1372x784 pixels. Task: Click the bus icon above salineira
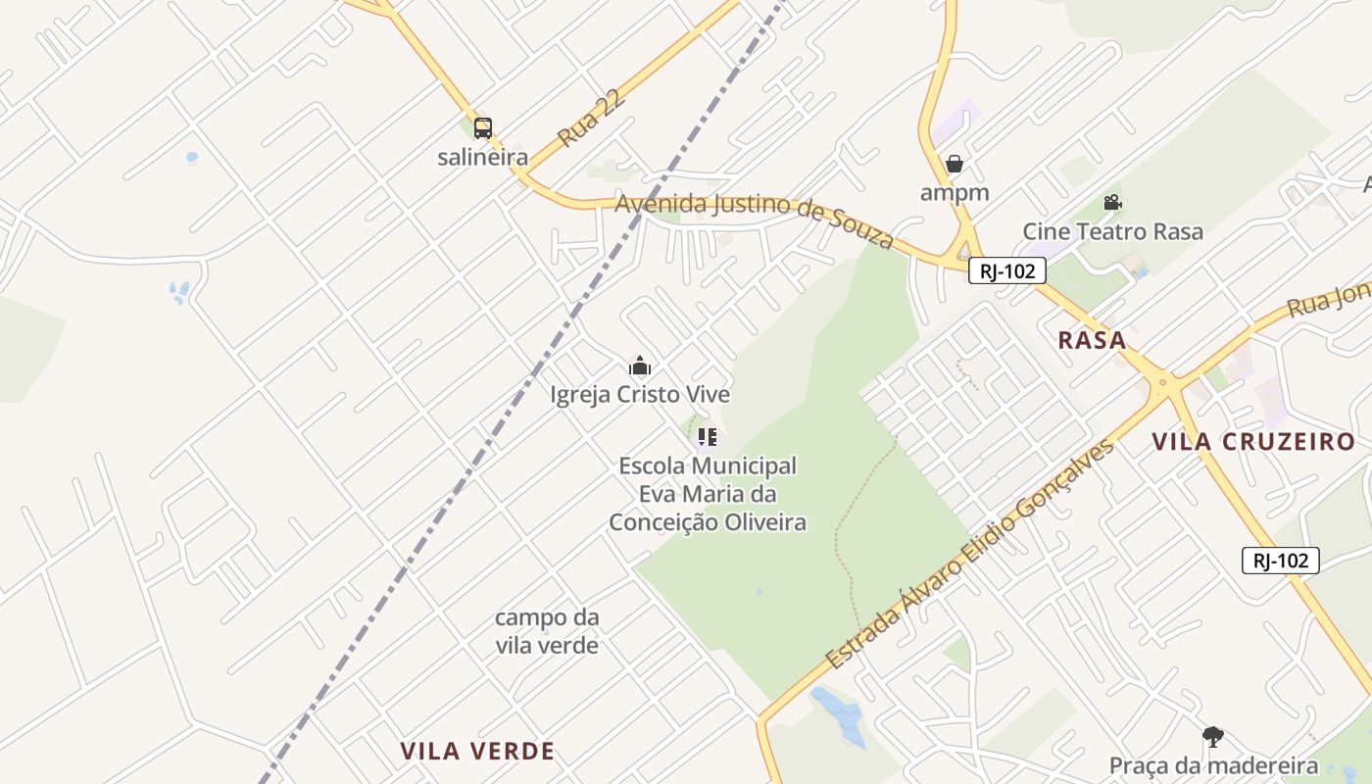482,127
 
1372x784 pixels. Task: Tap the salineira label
482,157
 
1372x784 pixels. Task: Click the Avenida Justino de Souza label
755,219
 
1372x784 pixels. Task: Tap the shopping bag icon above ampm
955,164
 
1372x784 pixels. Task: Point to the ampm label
955,192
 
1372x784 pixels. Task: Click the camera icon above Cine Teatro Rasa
1112,203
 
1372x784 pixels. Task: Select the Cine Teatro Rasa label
1112,232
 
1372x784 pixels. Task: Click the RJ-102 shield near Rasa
1006,271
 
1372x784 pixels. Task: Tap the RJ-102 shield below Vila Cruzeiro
1280,561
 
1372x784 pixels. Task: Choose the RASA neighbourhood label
1092,340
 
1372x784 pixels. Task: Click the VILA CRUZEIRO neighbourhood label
1253,441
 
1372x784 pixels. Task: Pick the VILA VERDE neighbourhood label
477,752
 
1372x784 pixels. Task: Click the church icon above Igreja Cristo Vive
640,367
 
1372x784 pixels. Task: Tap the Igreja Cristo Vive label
640,395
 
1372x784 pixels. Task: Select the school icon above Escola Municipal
708,437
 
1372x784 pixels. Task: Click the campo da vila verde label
547,631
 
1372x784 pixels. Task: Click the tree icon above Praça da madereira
1213,737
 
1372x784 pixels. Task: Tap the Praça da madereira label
1213,765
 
